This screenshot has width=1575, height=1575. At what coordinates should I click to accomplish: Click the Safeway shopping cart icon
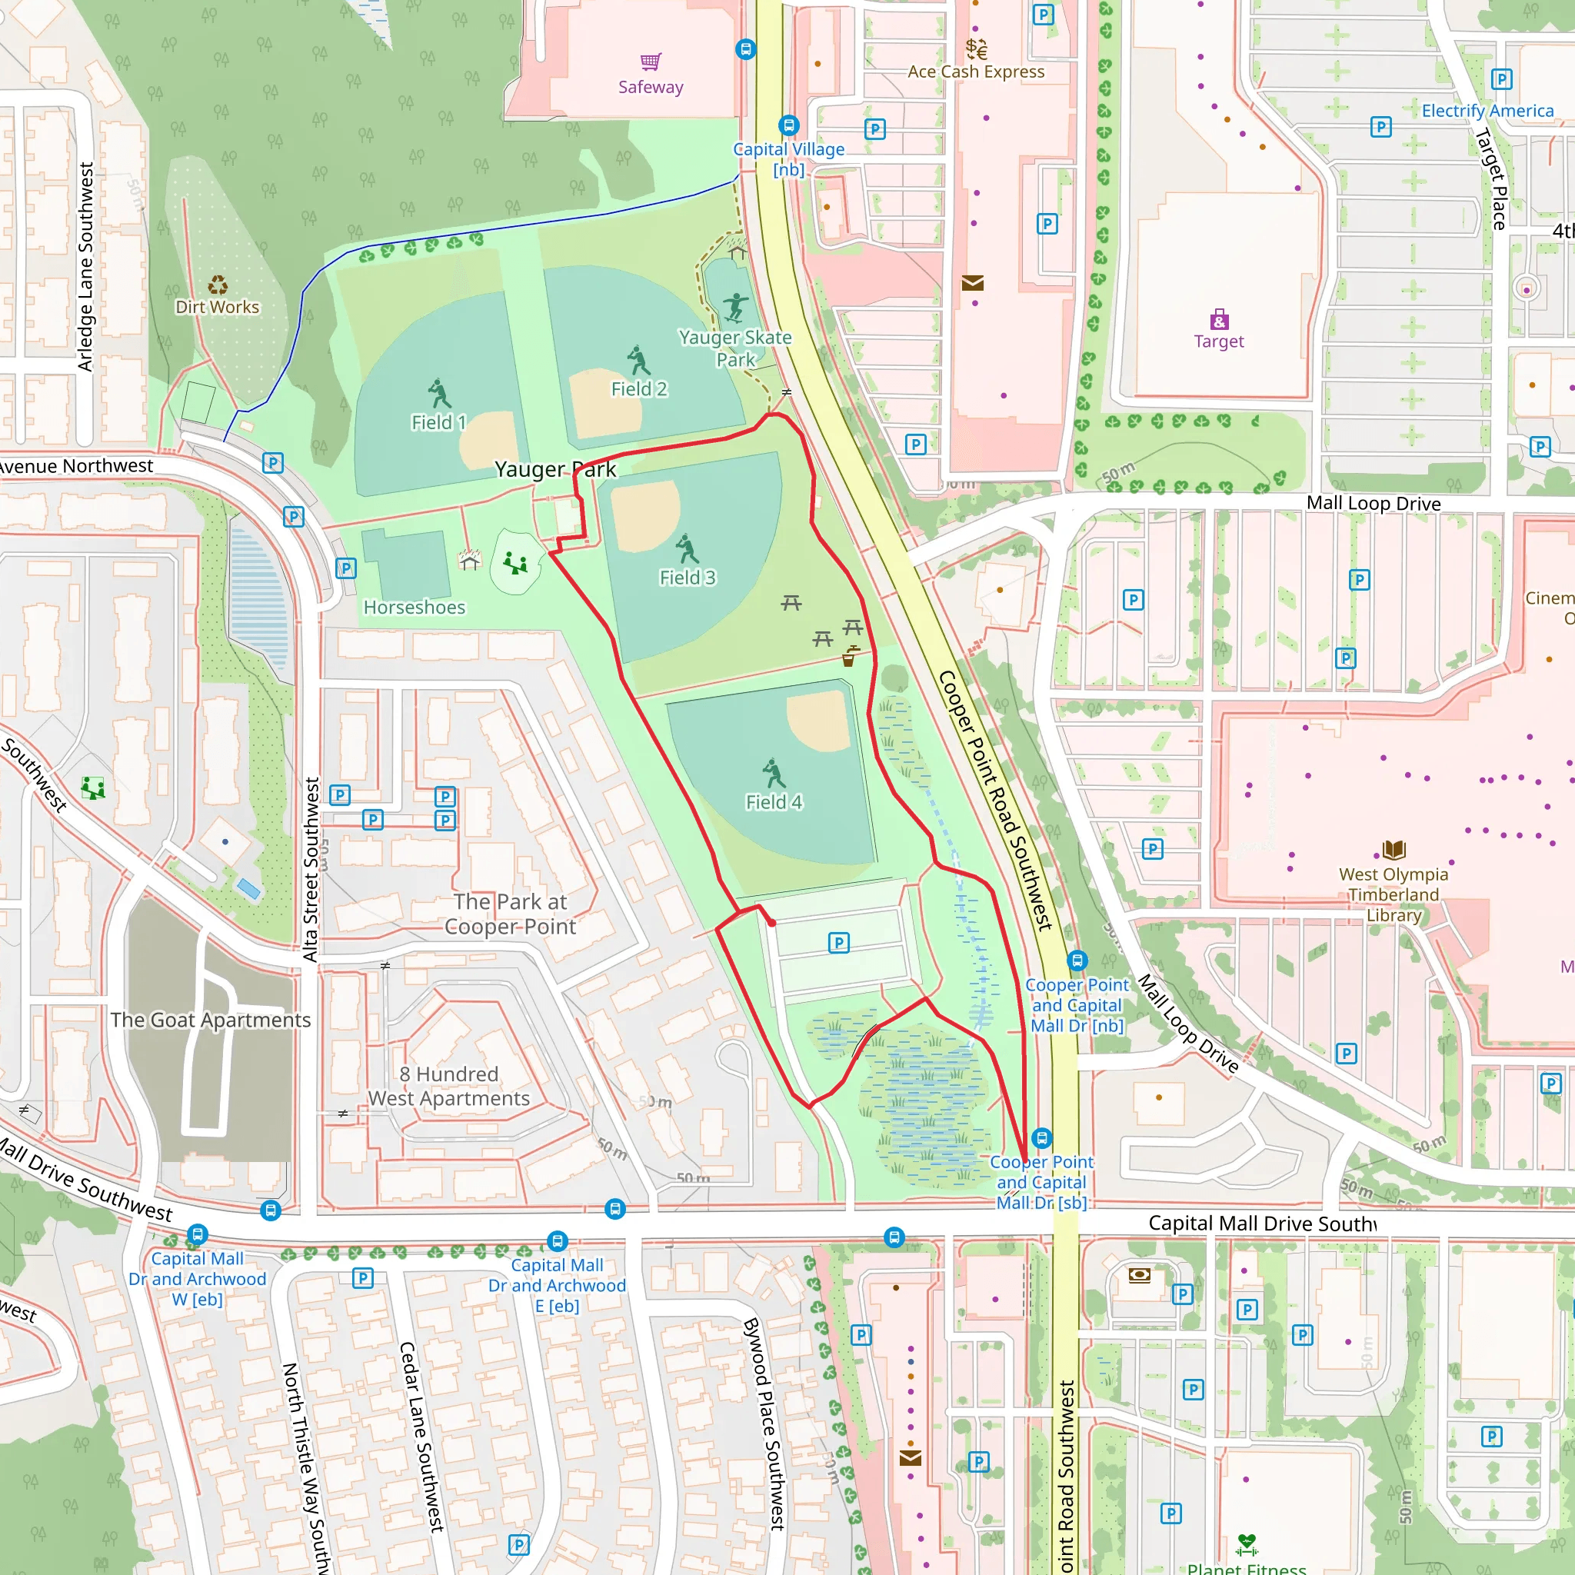(x=650, y=62)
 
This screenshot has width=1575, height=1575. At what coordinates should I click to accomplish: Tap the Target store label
(x=1218, y=341)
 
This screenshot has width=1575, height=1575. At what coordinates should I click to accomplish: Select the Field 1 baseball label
(x=438, y=422)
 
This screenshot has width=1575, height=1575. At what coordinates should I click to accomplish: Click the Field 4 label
(x=773, y=802)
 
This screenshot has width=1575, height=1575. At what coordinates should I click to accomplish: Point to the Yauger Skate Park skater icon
(x=735, y=308)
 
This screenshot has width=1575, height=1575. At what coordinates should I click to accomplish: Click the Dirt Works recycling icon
(x=217, y=285)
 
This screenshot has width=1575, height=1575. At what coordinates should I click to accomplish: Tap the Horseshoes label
(x=415, y=608)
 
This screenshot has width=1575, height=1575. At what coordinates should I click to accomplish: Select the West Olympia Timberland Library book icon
(x=1394, y=851)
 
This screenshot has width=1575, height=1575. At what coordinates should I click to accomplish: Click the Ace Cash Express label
(x=976, y=72)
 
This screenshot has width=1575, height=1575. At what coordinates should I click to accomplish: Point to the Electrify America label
(x=1487, y=111)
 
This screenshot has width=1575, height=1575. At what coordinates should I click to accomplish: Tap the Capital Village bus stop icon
(x=787, y=125)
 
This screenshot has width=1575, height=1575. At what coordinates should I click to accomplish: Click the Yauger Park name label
(x=555, y=470)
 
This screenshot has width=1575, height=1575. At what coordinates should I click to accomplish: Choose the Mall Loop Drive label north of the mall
(x=1373, y=503)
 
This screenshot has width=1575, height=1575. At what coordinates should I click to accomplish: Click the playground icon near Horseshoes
(x=514, y=562)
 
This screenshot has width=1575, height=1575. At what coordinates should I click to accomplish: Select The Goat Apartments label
(x=210, y=1020)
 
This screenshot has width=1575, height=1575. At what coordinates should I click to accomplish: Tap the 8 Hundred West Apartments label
(x=448, y=1086)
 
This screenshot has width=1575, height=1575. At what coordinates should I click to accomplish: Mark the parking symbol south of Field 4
(x=838, y=943)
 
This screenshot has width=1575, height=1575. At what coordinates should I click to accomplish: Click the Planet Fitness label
(x=1246, y=1567)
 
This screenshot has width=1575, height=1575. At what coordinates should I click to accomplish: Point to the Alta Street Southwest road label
(x=311, y=869)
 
